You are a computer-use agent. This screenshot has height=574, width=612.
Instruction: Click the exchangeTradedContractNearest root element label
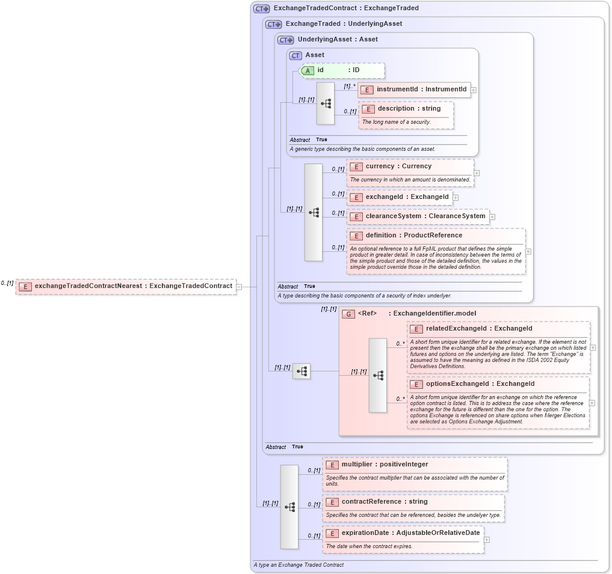tap(133, 286)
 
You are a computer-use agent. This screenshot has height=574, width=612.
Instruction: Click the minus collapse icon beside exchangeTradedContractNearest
tap(239, 287)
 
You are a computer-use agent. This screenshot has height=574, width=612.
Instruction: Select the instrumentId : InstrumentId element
tap(421, 90)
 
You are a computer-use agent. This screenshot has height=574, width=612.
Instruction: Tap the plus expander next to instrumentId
tap(474, 90)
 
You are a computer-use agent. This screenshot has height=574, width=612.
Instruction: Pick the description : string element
tap(409, 109)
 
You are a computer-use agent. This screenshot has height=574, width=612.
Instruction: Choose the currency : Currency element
tap(398, 166)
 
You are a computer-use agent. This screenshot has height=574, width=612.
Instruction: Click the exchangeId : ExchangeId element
tap(407, 197)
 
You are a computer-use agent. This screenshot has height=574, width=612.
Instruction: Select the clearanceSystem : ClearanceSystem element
tap(425, 216)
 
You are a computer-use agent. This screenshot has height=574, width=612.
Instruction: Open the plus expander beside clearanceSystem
tap(492, 217)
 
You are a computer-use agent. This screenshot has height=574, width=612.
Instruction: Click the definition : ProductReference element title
tap(413, 236)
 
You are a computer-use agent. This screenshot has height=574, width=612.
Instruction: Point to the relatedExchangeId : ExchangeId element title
tap(478, 329)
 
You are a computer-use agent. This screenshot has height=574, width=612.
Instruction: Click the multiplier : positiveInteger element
tap(385, 465)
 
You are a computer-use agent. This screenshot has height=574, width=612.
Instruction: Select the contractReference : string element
tap(384, 502)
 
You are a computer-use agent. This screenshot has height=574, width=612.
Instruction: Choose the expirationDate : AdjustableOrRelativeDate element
tap(410, 533)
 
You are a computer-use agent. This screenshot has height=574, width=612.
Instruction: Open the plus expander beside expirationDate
tap(487, 540)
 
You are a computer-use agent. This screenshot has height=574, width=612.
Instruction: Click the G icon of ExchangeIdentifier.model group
tap(348, 314)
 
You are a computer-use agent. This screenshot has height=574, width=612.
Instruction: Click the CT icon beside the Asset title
tap(295, 55)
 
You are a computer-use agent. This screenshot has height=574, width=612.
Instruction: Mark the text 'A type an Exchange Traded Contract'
tap(299, 565)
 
